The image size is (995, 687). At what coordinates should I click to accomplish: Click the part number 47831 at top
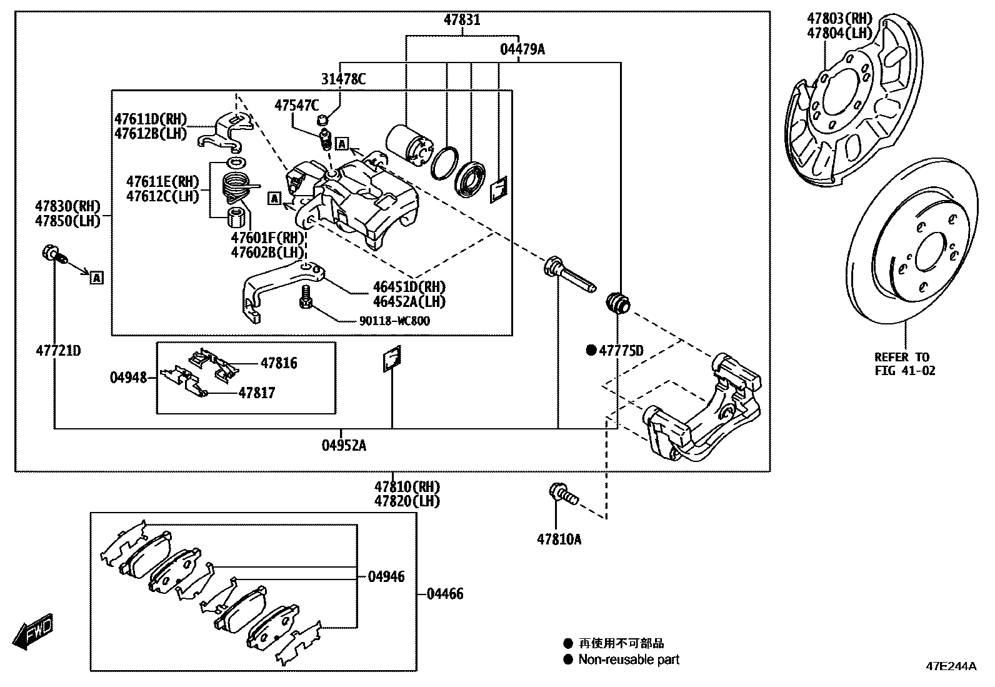tap(462, 20)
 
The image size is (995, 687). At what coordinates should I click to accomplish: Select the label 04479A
tap(522, 49)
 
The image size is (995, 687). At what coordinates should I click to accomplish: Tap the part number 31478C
tap(343, 79)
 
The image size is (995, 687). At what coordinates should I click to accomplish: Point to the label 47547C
tap(296, 105)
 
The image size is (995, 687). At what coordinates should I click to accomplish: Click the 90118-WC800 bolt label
tap(394, 321)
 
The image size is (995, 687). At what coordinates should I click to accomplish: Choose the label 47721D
tap(58, 351)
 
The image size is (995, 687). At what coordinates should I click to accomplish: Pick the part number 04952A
tap(344, 445)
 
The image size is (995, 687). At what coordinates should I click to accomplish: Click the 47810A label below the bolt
tap(559, 539)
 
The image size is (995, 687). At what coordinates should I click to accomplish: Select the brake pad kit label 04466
tap(444, 594)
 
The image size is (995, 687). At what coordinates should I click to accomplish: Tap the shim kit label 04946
tap(386, 577)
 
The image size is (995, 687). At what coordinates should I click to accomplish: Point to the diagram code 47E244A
tap(951, 666)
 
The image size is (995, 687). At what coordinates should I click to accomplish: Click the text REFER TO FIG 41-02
tap(904, 364)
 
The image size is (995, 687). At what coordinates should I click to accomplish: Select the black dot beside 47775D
tap(591, 351)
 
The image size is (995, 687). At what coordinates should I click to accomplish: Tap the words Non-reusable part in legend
tap(629, 659)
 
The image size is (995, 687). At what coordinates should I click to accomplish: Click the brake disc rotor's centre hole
tap(932, 251)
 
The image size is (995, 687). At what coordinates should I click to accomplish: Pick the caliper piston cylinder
tap(407, 146)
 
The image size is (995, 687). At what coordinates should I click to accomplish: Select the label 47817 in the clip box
tap(257, 393)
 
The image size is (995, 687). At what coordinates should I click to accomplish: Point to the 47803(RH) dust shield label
tap(839, 19)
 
